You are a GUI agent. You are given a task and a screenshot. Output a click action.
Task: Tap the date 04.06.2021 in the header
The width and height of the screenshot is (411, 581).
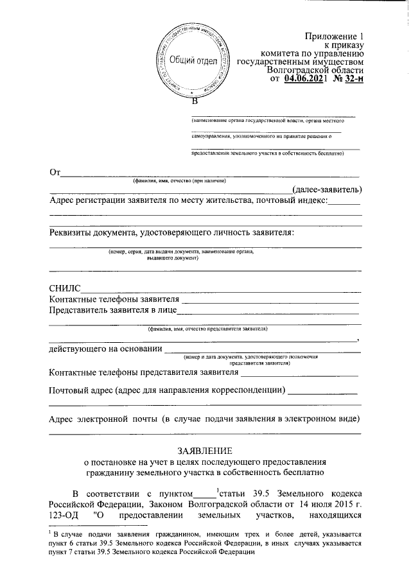pyautogui.click(x=305, y=79)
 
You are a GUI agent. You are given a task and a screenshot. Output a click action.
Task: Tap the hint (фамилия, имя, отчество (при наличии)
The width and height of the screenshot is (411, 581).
pyautogui.click(x=180, y=181)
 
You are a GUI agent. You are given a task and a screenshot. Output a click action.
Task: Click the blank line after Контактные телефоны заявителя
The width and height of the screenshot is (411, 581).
pyautogui.click(x=270, y=300)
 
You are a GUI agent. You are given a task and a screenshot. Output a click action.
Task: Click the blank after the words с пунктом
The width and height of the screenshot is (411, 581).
pyautogui.click(x=205, y=494)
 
